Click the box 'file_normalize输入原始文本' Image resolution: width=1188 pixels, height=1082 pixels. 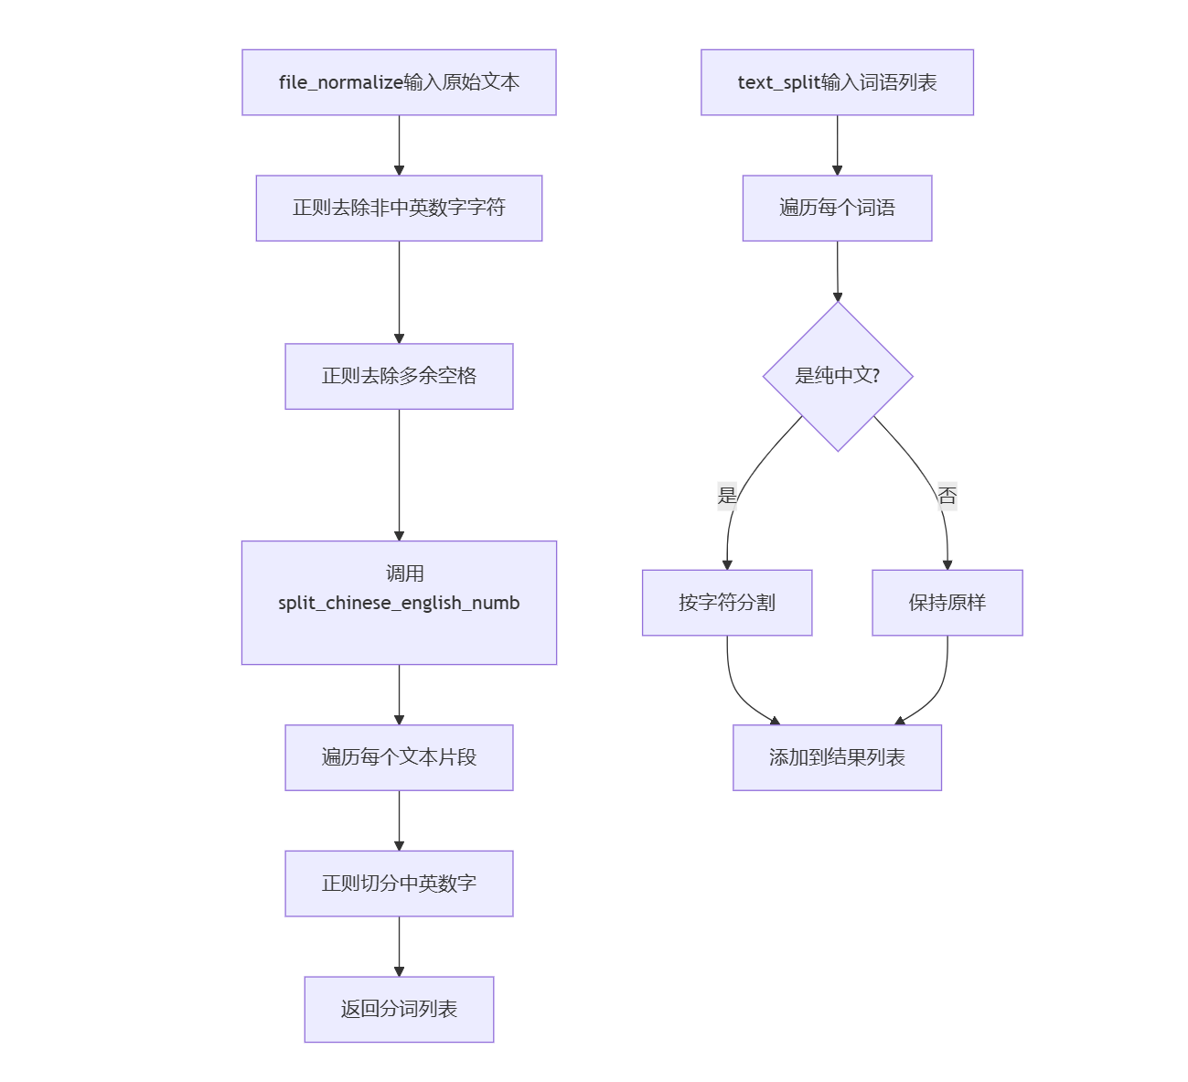[x=399, y=82]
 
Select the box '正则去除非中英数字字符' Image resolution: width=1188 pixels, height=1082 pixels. [x=399, y=208]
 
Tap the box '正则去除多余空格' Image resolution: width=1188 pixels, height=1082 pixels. [x=399, y=376]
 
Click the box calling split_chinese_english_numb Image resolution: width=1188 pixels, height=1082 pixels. [x=399, y=602]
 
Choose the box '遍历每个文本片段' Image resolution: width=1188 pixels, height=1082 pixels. [x=399, y=757]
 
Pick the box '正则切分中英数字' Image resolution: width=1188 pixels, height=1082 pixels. [x=399, y=884]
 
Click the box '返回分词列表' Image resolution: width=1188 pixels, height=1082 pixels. [x=399, y=1009]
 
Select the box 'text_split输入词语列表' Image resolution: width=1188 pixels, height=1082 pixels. [x=837, y=82]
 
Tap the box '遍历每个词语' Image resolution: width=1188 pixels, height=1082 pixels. [x=837, y=208]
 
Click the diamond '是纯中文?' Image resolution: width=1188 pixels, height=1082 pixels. [x=837, y=376]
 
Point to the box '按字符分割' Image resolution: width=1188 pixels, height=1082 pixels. [x=727, y=603]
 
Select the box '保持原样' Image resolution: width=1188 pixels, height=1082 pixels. [x=947, y=603]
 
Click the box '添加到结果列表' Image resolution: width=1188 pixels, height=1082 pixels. [x=837, y=757]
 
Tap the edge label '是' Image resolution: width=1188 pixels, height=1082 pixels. [x=727, y=496]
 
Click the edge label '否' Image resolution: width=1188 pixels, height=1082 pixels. [x=947, y=496]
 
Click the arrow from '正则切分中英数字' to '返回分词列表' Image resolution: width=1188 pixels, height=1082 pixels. [x=399, y=946]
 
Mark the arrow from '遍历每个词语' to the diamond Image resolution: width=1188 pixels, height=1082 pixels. [x=837, y=271]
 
